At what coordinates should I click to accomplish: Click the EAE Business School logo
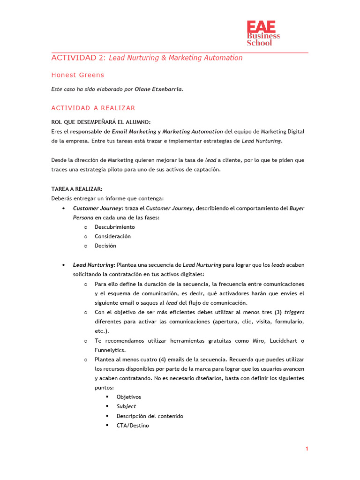tap(263, 33)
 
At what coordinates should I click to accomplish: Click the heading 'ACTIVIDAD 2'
tap(78, 58)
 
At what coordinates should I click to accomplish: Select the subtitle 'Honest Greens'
tap(77, 75)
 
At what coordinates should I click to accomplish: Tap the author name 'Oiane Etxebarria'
tap(158, 89)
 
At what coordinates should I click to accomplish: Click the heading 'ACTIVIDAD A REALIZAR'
tap(93, 108)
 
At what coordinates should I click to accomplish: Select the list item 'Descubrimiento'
tap(114, 227)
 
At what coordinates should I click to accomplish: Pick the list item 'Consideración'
tap(112, 236)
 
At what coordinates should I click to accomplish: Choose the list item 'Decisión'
tap(105, 246)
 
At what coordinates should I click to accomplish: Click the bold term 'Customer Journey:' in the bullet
tap(97, 208)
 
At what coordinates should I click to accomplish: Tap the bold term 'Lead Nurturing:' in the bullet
tap(94, 265)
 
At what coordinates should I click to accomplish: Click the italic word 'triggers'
tap(294, 312)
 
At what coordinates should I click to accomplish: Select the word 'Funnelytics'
tap(111, 350)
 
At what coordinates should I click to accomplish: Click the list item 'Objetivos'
tap(128, 397)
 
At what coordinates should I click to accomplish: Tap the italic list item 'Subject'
tap(126, 406)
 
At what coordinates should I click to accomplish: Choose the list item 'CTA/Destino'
tap(132, 426)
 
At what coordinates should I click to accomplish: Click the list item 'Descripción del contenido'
tap(150, 416)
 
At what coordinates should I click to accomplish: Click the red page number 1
tap(307, 449)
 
